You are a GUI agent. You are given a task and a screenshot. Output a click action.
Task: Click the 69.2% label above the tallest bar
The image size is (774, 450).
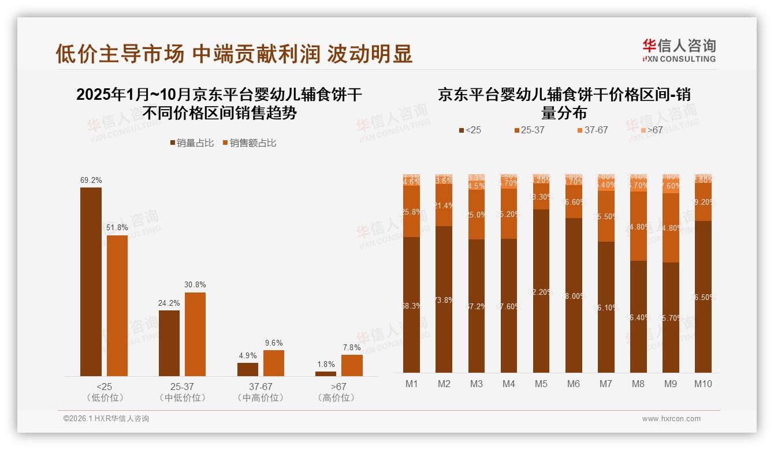(x=91, y=181)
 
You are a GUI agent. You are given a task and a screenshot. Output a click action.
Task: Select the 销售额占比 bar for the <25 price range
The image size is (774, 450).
(x=117, y=306)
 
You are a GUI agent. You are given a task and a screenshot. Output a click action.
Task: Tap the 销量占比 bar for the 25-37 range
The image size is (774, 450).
(x=169, y=343)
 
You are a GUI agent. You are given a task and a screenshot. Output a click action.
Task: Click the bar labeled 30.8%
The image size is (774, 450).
(x=195, y=335)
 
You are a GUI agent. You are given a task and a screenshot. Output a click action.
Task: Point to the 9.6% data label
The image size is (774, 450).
(x=274, y=343)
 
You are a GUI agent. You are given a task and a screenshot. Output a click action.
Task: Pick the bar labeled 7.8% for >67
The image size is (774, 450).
(x=352, y=365)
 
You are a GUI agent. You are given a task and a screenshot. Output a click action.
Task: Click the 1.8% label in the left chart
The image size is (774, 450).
(x=326, y=364)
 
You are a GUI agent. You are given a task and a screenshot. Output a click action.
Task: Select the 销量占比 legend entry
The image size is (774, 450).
(x=194, y=143)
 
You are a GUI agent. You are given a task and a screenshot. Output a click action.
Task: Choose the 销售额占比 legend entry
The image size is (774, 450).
(x=249, y=143)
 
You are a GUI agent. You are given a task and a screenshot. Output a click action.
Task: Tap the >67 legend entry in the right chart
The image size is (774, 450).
(x=652, y=130)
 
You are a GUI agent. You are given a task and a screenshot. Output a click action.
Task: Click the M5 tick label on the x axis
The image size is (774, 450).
(x=541, y=384)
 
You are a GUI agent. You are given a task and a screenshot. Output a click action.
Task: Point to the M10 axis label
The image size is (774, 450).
(x=702, y=384)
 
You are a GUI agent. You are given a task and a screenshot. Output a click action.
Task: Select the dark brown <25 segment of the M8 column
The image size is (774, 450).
(x=638, y=317)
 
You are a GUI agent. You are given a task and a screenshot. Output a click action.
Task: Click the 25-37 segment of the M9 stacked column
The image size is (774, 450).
(x=671, y=228)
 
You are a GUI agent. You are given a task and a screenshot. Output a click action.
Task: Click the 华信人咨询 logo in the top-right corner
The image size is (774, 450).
(x=679, y=50)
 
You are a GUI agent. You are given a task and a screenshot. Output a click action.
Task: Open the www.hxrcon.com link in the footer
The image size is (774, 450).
(x=671, y=419)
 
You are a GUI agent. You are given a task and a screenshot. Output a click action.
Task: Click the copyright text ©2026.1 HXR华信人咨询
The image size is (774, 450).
(x=106, y=419)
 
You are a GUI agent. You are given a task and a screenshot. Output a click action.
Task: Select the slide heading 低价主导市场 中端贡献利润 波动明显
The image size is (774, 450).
(x=234, y=54)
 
